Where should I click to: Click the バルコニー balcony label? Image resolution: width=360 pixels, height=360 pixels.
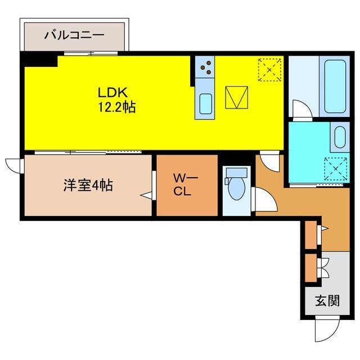tap(74, 35)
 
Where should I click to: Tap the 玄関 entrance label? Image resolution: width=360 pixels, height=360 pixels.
tap(327, 301)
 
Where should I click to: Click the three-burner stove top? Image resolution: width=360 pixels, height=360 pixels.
tap(206, 69)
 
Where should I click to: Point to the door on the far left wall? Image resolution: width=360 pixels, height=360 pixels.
tap(13, 165)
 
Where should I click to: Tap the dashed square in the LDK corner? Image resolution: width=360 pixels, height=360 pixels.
tap(269, 70)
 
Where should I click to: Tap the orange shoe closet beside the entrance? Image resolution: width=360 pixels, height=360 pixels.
tap(310, 268)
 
